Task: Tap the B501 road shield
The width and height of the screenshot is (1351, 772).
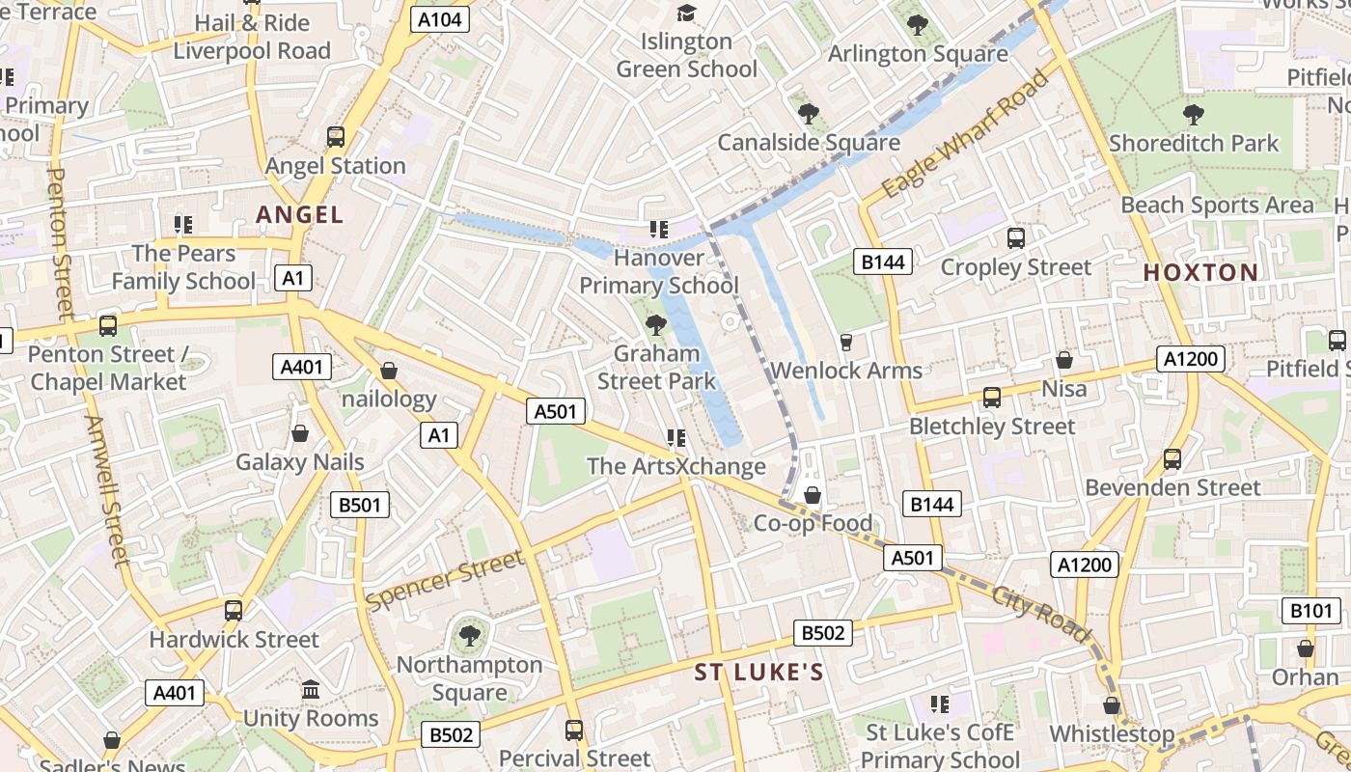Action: [x=359, y=505]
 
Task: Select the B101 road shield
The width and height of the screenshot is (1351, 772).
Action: [x=1310, y=610]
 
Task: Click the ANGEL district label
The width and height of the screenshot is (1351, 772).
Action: [x=299, y=215]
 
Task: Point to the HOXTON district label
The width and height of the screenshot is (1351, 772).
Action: [x=1200, y=272]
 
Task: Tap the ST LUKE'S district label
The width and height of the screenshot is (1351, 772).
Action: [x=758, y=673]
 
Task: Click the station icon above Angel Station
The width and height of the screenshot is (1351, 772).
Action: [x=336, y=137]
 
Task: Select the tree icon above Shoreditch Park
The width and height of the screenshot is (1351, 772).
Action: [x=1193, y=115]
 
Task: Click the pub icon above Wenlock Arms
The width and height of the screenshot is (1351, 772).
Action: [x=846, y=342]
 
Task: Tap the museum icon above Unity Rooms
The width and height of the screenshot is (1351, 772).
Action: [x=311, y=690]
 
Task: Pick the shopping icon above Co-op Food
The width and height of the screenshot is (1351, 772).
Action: [x=813, y=495]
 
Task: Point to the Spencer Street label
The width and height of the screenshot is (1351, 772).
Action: [x=446, y=579]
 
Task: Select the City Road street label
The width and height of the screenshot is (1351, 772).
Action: [x=1040, y=615]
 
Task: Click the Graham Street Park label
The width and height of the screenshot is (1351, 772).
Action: [x=656, y=368]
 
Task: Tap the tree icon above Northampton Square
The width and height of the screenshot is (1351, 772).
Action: [x=469, y=636]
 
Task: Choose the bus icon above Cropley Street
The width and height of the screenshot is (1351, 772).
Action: [x=1015, y=238]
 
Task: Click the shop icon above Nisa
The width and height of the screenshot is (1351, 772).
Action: [x=1064, y=360]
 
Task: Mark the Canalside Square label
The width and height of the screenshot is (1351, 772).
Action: [x=809, y=143]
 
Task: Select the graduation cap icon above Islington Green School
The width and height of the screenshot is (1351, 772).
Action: [x=686, y=13]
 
